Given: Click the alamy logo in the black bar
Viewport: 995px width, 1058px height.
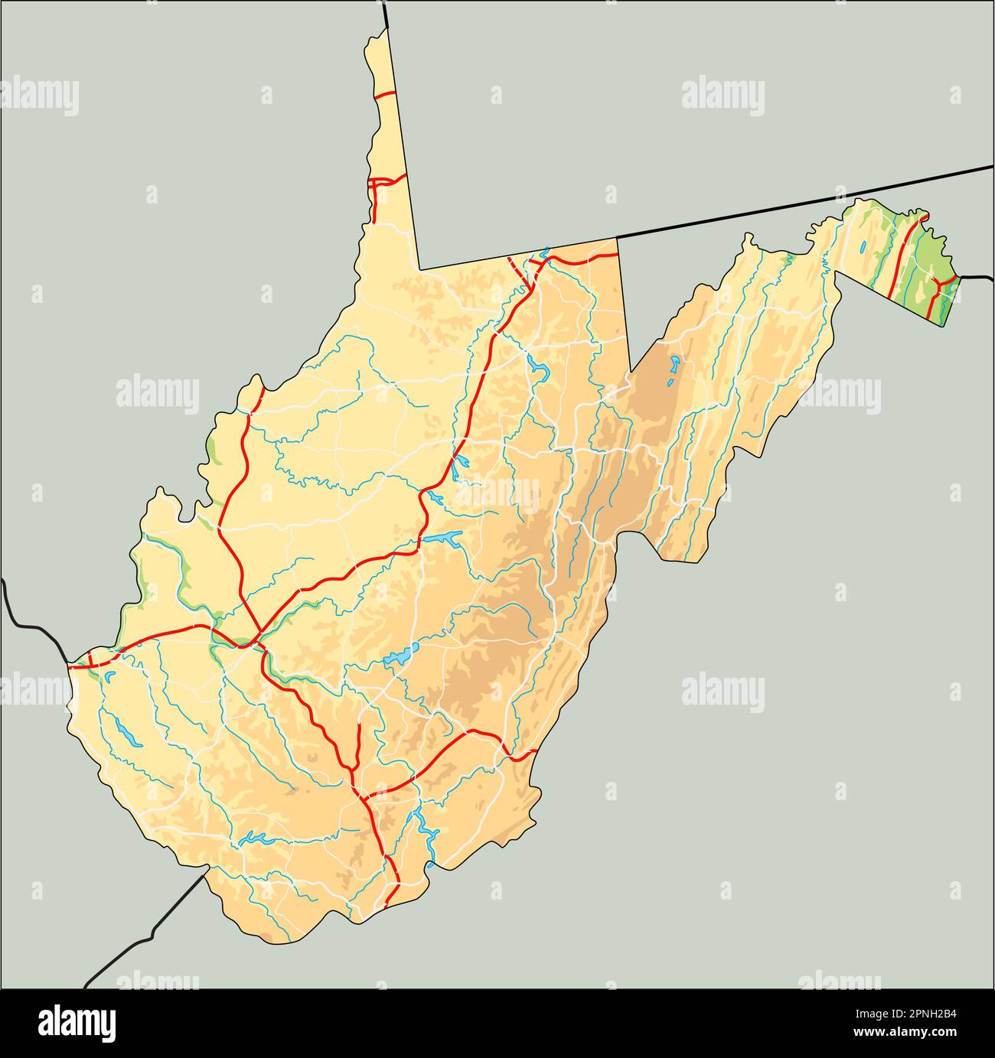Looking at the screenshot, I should point(77,1023).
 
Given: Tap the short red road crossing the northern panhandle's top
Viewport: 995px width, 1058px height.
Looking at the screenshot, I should point(383,95).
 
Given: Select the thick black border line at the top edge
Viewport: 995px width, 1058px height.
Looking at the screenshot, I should point(387,14).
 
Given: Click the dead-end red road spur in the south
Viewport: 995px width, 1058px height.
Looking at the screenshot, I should point(359,741).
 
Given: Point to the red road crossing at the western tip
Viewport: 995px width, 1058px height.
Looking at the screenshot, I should point(90,659).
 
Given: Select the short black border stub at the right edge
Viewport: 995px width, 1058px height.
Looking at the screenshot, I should point(977,276).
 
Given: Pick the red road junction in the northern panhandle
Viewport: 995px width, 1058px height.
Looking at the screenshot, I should point(375,184).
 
